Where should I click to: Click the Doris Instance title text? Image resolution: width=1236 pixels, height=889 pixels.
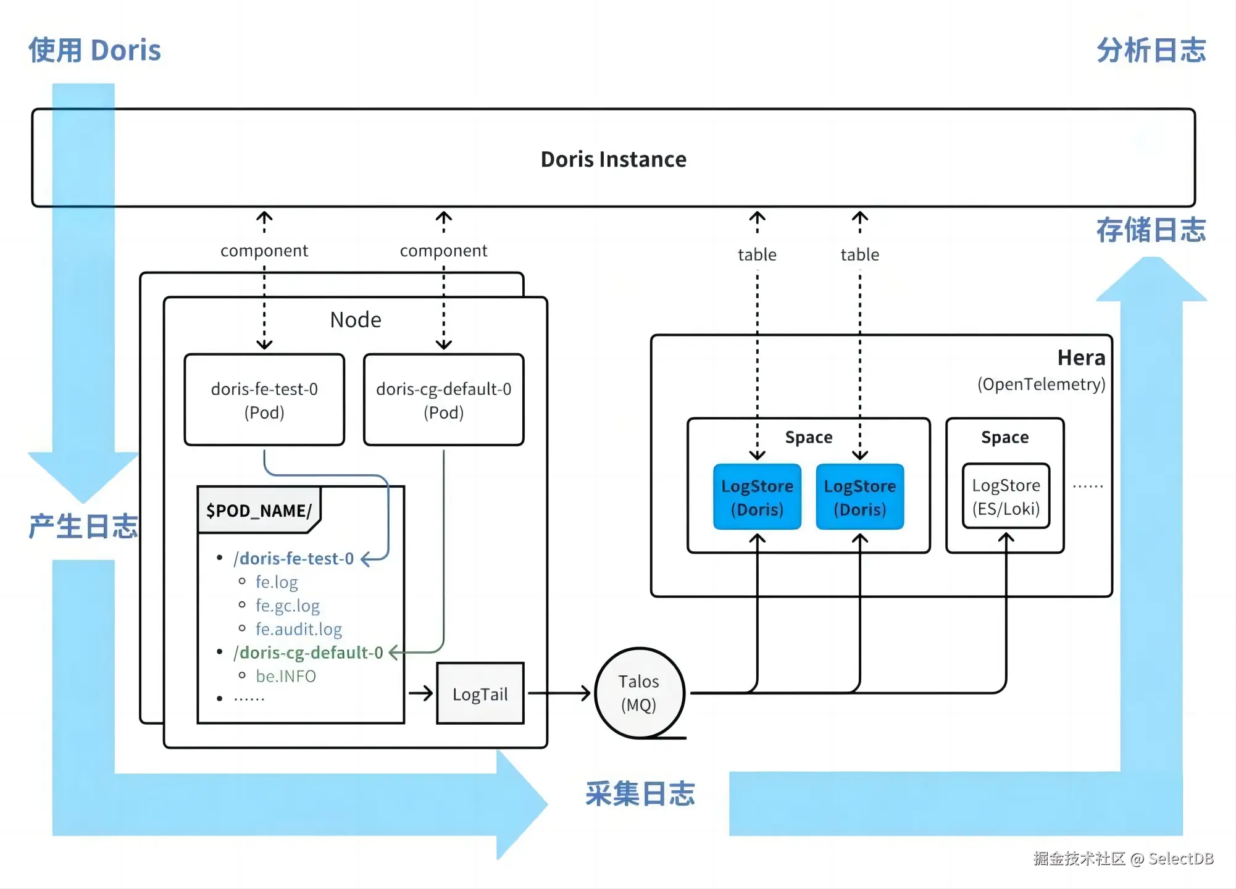[x=613, y=159]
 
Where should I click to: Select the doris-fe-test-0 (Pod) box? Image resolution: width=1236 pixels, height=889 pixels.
[x=264, y=400]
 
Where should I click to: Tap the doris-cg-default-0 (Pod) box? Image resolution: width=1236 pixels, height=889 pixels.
[x=443, y=400]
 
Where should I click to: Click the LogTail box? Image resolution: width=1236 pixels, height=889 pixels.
[x=480, y=694]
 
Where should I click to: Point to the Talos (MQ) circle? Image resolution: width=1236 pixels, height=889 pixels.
[x=639, y=693]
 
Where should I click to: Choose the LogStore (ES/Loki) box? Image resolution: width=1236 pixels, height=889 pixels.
[x=1006, y=496]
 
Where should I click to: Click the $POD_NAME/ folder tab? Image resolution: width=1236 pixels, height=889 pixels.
[x=259, y=511]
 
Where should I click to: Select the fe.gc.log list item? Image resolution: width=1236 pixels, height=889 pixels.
[x=288, y=606]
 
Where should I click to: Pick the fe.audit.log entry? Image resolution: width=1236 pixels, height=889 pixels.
[x=299, y=629]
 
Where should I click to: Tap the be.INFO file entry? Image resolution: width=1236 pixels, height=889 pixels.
[x=286, y=676]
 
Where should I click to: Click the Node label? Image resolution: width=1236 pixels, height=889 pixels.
[x=356, y=320]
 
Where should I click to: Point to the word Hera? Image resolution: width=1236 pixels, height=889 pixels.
[x=1081, y=358]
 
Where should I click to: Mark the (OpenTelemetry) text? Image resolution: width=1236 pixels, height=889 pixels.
[x=1041, y=384]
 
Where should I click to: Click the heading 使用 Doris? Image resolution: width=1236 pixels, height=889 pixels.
[x=94, y=50]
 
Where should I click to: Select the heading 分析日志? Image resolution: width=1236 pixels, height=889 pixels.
[x=1151, y=50]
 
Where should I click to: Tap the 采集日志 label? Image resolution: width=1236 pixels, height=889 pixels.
[x=640, y=794]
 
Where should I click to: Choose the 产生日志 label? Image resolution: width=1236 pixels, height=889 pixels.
[x=83, y=527]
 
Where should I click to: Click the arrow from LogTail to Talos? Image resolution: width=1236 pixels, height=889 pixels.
[x=559, y=693]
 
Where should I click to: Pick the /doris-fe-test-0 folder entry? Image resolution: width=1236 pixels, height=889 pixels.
[x=293, y=559]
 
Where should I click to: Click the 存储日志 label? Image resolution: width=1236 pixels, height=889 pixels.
[x=1151, y=230]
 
